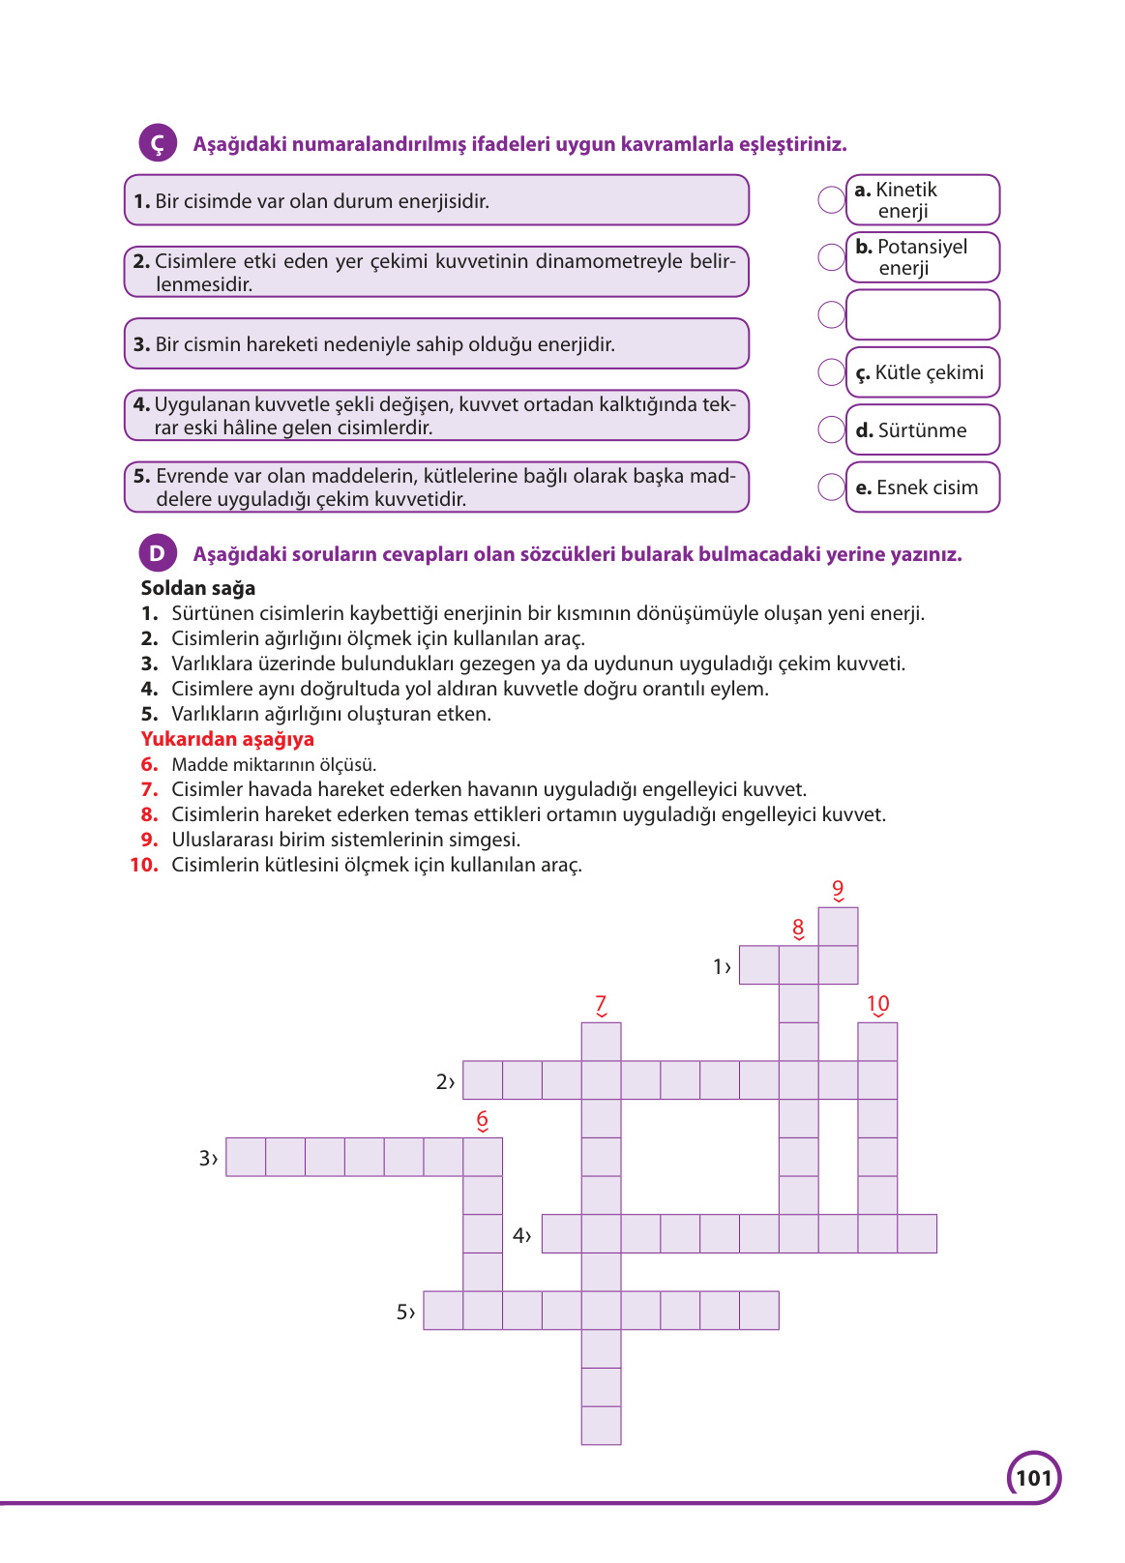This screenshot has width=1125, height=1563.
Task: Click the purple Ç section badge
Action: click(158, 143)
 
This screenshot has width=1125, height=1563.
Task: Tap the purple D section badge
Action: click(158, 553)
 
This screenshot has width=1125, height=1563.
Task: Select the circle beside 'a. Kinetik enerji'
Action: click(832, 200)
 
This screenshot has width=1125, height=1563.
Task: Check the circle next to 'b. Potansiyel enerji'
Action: click(832, 257)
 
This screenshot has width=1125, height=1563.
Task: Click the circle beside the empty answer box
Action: click(832, 314)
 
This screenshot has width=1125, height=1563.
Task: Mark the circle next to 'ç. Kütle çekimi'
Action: click(832, 372)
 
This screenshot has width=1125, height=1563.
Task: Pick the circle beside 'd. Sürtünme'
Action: click(832, 429)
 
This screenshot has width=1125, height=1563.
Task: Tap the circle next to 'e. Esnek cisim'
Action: click(832, 487)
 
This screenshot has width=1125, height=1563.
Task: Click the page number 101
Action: click(1033, 1478)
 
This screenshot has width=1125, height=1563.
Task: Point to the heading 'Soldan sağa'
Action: click(198, 588)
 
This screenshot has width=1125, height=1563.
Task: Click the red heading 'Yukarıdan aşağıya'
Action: click(227, 739)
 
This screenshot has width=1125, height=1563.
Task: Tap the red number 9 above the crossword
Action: click(838, 889)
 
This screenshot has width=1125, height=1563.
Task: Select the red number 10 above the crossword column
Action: click(877, 1004)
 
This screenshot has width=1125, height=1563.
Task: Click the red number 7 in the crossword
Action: click(601, 1004)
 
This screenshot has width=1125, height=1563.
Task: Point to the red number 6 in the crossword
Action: click(483, 1120)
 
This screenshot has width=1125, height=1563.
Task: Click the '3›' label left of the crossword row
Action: click(208, 1158)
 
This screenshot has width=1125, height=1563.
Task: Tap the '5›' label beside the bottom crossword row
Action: click(405, 1312)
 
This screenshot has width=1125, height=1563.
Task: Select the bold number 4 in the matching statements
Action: click(141, 404)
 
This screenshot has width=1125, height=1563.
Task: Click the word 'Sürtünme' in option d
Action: click(922, 430)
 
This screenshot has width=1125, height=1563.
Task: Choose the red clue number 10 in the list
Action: click(144, 865)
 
